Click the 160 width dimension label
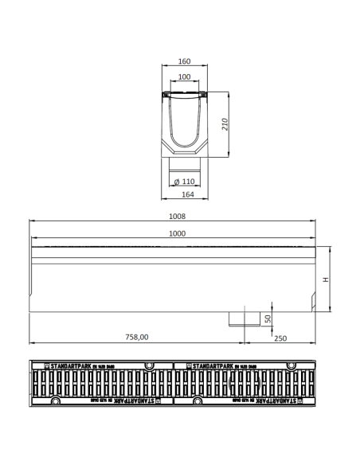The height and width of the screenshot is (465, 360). pyautogui.click(x=185, y=61)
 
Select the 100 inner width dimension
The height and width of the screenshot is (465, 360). pyautogui.click(x=185, y=77)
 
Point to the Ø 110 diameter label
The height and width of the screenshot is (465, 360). pyautogui.click(x=185, y=182)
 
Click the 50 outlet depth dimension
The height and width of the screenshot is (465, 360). pyautogui.click(x=268, y=318)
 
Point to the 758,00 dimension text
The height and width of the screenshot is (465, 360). pyautogui.click(x=136, y=337)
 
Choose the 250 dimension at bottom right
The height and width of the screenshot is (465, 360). pyautogui.click(x=280, y=337)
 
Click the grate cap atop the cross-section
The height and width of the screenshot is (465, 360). pyautogui.click(x=185, y=94)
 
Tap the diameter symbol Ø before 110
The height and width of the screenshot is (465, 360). pyautogui.click(x=176, y=182)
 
